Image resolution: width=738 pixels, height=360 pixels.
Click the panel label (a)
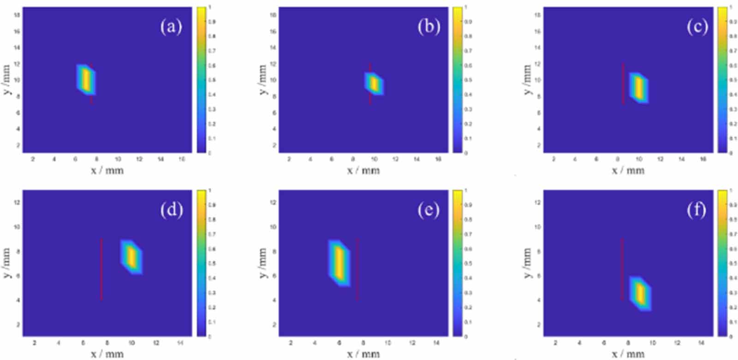click(x=171, y=27)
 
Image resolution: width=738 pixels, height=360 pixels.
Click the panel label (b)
click(x=429, y=27)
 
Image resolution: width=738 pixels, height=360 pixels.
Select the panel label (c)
click(x=696, y=27)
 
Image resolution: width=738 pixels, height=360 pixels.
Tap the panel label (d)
click(x=172, y=210)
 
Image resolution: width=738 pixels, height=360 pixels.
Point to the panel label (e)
click(x=429, y=210)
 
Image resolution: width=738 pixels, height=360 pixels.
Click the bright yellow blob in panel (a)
click(x=86, y=79)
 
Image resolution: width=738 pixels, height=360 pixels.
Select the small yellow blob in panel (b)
click(x=374, y=83)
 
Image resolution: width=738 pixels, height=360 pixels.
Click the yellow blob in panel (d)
click(x=131, y=257)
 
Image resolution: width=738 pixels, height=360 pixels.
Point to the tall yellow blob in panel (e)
click(x=339, y=263)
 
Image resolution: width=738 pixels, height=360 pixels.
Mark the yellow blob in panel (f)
click(x=640, y=294)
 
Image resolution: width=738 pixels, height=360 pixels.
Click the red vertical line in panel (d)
click(x=101, y=269)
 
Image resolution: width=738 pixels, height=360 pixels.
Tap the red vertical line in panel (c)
click(x=623, y=83)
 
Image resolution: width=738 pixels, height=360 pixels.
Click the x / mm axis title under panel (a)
click(x=107, y=171)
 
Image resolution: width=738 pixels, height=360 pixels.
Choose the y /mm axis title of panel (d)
click(x=6, y=263)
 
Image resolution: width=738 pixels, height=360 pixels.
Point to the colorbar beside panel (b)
click(x=457, y=79)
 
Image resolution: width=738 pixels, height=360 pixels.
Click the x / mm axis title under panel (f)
click(x=628, y=354)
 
